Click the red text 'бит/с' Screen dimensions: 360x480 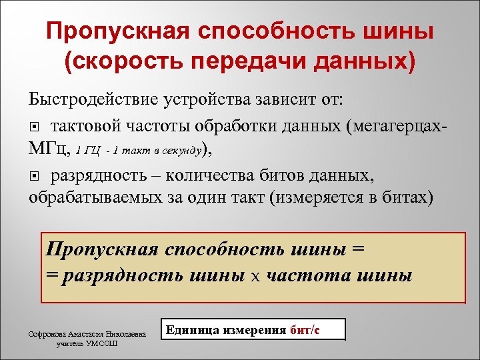[x=305, y=330]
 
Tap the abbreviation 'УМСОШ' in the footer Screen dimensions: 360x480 [x=104, y=345]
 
